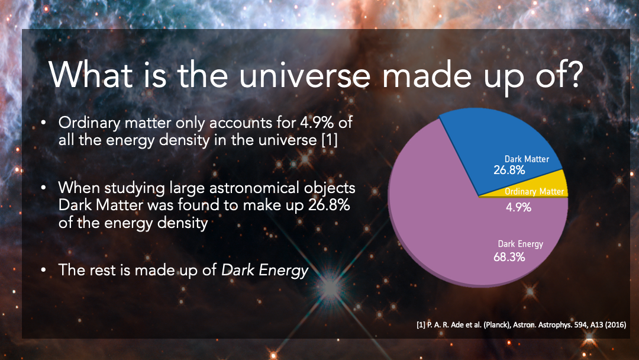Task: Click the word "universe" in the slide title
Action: [305, 76]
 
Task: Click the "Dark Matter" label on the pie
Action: [527, 159]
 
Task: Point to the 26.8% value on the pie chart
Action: [509, 170]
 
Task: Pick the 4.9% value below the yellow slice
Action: [518, 207]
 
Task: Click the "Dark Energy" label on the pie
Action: [521, 244]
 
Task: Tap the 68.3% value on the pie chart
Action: [509, 257]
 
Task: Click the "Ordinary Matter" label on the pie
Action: [534, 191]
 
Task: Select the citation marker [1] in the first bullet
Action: [330, 140]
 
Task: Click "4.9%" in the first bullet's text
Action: [317, 123]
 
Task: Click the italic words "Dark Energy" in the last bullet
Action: [265, 270]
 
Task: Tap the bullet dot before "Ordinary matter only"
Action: [44, 123]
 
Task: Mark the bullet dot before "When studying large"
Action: [44, 188]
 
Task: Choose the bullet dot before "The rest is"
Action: [44, 270]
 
